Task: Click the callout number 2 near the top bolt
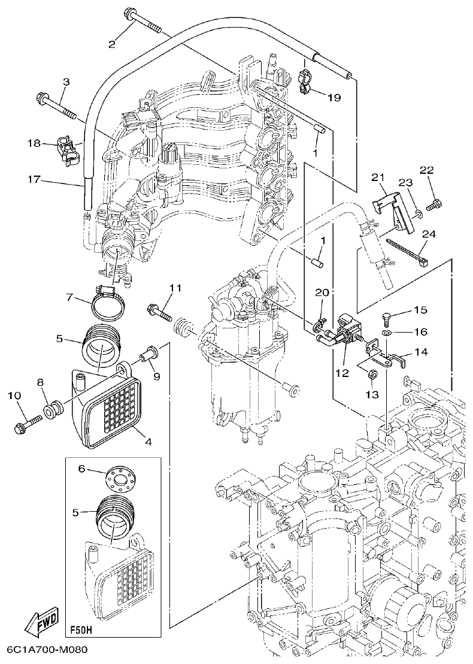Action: tap(111, 43)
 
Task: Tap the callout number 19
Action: tap(333, 97)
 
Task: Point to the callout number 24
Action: tap(429, 234)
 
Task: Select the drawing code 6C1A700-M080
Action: tap(48, 650)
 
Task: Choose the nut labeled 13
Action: tap(371, 375)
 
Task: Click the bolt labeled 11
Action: tap(158, 311)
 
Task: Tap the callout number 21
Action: tap(376, 177)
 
